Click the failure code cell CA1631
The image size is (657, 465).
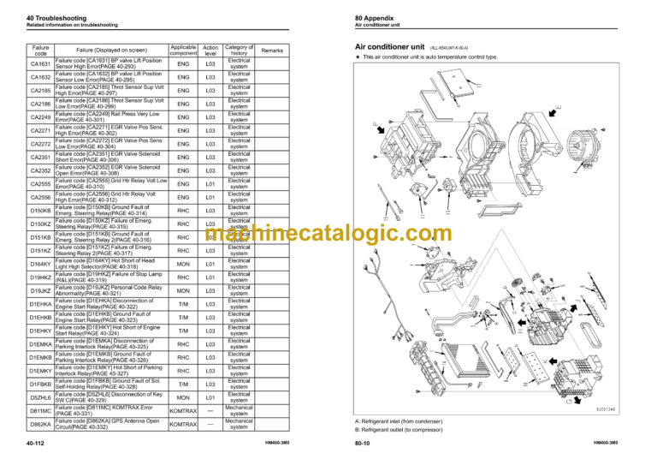point(40,64)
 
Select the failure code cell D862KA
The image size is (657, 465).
point(40,424)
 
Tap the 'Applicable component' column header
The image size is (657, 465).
point(183,51)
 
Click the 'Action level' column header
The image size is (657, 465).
point(210,51)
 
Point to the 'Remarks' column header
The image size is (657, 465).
point(272,51)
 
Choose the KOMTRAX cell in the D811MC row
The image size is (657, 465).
point(183,411)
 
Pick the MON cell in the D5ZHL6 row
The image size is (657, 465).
point(183,398)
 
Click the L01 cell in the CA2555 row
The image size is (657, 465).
point(210,184)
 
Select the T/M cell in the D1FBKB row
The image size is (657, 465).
point(183,385)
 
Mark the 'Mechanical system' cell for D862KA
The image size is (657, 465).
point(239,424)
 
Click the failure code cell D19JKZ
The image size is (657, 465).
point(40,291)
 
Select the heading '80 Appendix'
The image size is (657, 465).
point(376,19)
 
